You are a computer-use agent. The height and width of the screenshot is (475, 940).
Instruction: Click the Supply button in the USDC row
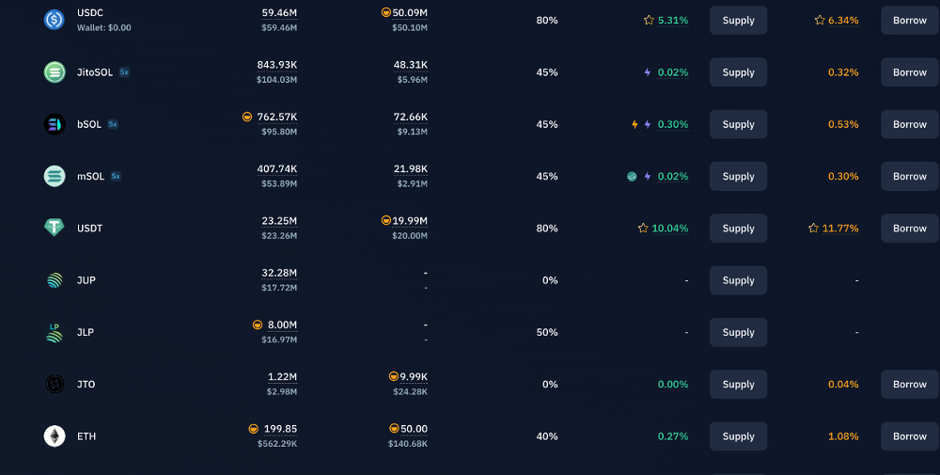point(738,21)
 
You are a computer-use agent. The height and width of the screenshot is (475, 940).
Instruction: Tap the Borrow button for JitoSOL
point(910,72)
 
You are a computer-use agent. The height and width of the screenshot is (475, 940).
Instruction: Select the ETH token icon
point(55,436)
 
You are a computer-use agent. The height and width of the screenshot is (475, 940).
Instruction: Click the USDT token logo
point(55,228)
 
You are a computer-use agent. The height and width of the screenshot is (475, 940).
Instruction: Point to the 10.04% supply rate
point(669,228)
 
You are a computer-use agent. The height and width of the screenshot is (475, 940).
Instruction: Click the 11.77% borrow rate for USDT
point(839,228)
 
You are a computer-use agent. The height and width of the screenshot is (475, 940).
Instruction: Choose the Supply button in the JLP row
point(738,332)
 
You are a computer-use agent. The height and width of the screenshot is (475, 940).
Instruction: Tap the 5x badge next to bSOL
point(113,124)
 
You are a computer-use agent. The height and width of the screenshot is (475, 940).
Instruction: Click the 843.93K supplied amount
point(277,65)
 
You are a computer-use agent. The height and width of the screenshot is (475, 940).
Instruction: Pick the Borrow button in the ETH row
point(910,436)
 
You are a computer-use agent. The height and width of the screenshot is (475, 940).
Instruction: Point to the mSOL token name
point(90,176)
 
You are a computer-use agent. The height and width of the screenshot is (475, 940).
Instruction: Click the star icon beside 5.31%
point(649,21)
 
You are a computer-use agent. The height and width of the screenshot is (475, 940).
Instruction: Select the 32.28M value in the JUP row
point(279,273)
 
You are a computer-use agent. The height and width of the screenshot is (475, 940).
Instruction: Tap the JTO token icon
point(55,384)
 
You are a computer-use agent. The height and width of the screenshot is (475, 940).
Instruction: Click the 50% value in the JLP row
point(547,332)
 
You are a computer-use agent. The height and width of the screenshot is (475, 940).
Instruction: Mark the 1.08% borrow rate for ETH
point(843,436)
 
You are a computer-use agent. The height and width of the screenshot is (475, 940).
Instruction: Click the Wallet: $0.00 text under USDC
point(103,27)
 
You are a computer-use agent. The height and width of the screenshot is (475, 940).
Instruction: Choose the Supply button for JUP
point(738,280)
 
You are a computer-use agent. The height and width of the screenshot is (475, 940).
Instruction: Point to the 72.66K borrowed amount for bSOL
point(411,117)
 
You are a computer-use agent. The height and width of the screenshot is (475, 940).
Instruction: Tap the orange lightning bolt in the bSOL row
point(634,124)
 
